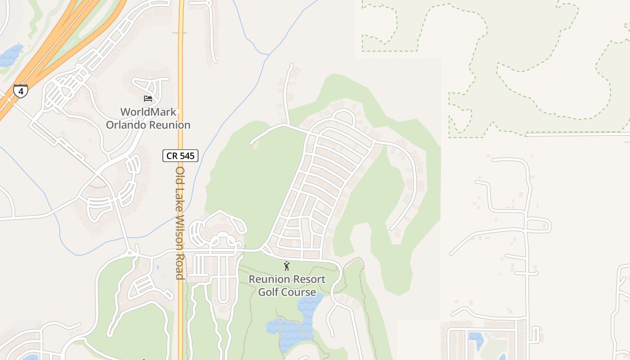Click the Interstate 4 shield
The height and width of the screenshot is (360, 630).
coord(20,91)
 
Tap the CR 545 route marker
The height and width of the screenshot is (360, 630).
coord(180,156)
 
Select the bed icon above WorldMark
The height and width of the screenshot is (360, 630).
coord(148,98)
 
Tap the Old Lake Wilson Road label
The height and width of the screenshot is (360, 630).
coord(180,223)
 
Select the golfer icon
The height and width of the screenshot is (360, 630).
coord(287,266)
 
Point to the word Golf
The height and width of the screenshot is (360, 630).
coord(270,292)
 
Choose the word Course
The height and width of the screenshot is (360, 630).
coord(300,292)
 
